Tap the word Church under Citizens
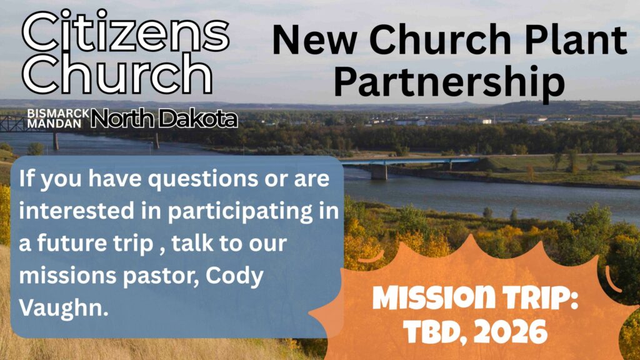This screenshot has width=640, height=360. (117, 74)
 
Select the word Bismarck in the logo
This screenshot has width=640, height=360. (58, 113)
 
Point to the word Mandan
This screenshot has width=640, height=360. (54, 123)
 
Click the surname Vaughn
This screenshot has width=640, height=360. (64, 308)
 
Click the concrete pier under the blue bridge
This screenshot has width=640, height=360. (379, 172)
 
